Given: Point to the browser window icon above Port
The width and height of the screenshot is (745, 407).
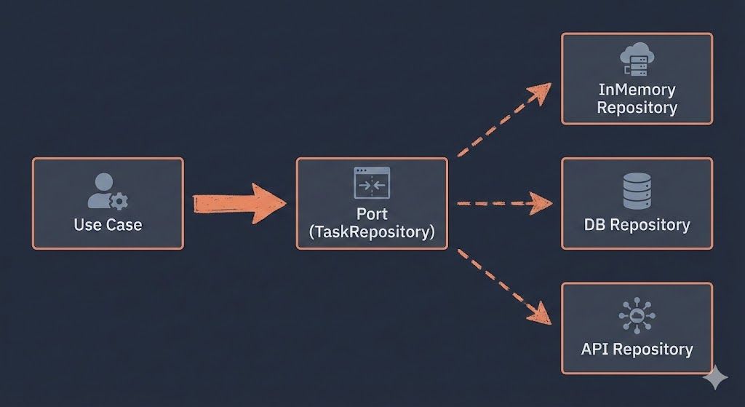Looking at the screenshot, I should [x=372, y=183].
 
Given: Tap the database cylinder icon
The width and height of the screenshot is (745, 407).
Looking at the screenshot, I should [x=637, y=191].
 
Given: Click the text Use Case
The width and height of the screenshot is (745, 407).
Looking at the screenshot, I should [x=108, y=224].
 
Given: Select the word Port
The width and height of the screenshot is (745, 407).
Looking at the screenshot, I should [x=372, y=215].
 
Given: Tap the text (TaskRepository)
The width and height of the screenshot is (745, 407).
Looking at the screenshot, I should [x=372, y=233].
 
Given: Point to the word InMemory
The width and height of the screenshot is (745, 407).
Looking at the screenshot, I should [x=637, y=90].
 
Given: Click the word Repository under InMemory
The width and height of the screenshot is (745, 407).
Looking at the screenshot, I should [x=637, y=108].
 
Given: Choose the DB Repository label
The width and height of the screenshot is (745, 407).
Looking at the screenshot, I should [x=637, y=224].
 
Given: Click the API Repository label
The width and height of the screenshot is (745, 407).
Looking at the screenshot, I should [x=637, y=349].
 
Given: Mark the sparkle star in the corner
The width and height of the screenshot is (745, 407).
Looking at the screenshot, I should [x=715, y=379].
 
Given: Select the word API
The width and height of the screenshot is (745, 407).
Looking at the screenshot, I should [x=595, y=349].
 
